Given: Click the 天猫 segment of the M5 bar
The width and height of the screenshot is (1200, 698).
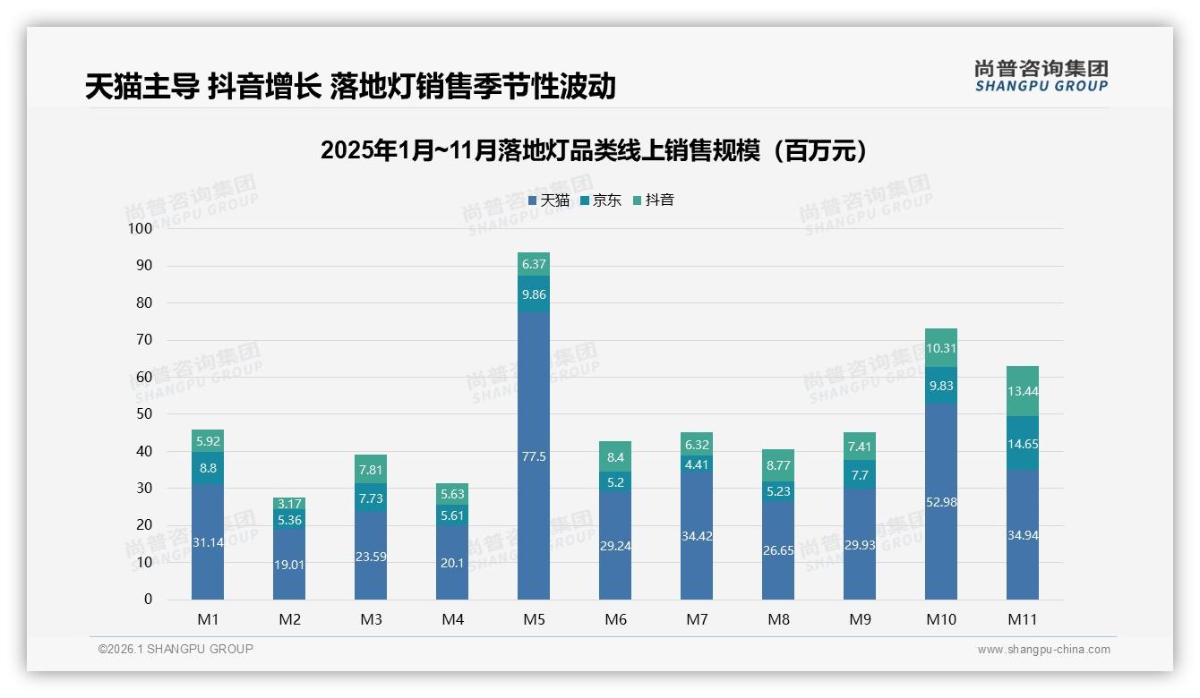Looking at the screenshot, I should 534,456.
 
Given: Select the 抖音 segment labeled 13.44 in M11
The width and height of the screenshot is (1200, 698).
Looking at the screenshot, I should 1022,391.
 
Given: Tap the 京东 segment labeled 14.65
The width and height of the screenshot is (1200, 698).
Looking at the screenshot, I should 1022,443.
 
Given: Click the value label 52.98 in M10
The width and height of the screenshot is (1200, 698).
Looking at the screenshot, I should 940,502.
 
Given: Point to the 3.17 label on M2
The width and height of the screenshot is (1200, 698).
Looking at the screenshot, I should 289,504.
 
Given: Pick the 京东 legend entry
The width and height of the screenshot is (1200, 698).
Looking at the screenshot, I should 601,200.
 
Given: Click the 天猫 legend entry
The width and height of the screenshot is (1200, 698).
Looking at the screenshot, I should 549,200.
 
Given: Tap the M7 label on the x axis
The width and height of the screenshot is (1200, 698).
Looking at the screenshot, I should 697,619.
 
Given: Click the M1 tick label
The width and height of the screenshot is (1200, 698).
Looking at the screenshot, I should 208,619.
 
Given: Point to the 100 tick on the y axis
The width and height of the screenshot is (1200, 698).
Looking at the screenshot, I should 141,228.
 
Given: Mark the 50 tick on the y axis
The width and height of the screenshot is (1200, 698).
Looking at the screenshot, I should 144,414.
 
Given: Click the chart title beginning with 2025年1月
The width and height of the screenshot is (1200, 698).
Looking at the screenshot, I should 594,150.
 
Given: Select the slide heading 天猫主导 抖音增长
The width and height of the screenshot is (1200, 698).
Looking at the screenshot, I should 350,86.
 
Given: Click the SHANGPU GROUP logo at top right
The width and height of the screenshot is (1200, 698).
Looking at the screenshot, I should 1041,76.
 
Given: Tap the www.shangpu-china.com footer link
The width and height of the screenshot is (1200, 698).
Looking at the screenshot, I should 1043,650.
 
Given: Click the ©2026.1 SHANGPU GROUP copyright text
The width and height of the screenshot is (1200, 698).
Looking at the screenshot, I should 176,649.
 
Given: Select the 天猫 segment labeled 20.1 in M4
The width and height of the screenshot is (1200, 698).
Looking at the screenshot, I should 452,562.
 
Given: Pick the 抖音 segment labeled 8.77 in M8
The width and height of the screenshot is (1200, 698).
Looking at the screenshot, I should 778,465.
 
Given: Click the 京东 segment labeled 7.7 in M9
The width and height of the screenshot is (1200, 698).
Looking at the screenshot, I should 860,475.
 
